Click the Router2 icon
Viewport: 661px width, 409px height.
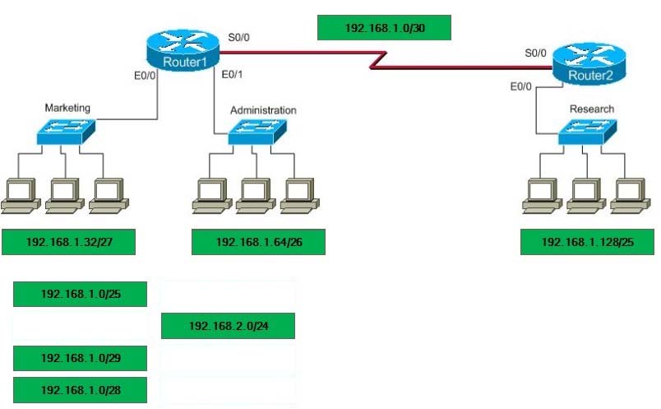pos(589,63)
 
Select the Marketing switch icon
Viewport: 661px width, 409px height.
pos(66,132)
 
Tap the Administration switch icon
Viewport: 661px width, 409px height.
pos(257,132)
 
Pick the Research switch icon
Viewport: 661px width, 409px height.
pos(587,132)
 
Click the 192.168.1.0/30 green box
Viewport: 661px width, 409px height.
pos(384,28)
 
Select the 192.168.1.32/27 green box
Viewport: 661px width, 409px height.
pos(69,242)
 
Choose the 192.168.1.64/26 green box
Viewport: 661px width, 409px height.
pos(258,242)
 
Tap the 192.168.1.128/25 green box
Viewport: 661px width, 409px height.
pos(587,242)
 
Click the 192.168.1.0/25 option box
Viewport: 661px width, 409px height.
pos(80,294)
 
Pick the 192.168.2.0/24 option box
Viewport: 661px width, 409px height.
pos(228,326)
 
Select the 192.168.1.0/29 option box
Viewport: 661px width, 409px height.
pos(80,358)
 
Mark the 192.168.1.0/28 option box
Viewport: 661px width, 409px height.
pos(80,390)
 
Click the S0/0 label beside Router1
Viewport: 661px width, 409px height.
pos(238,38)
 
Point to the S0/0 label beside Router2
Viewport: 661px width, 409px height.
pos(535,53)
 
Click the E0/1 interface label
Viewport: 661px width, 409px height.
pos(232,75)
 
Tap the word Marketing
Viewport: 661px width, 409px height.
pos(67,108)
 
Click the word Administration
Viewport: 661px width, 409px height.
pos(263,110)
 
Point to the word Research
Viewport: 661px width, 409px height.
pos(592,109)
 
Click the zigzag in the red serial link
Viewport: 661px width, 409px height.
pos(378,59)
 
